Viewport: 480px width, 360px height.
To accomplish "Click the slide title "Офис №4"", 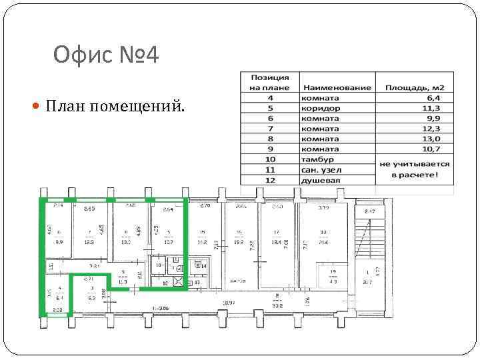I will click(x=106, y=55).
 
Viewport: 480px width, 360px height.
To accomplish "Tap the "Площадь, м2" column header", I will click(x=414, y=87).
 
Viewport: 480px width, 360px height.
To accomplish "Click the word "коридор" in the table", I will click(x=321, y=108).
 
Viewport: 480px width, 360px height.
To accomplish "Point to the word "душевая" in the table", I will click(x=321, y=180).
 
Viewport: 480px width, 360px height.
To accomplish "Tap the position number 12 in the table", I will click(x=270, y=180).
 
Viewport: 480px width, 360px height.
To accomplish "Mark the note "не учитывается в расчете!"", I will click(x=414, y=169).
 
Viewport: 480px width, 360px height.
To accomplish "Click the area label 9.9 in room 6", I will click(x=59, y=243).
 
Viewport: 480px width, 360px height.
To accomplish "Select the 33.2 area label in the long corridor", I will click(x=277, y=306).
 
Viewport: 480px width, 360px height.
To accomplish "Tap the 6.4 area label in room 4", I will click(x=59, y=299).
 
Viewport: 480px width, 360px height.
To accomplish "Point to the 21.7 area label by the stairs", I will click(x=367, y=283).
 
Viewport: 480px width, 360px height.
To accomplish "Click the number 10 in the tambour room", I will click(x=158, y=265).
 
